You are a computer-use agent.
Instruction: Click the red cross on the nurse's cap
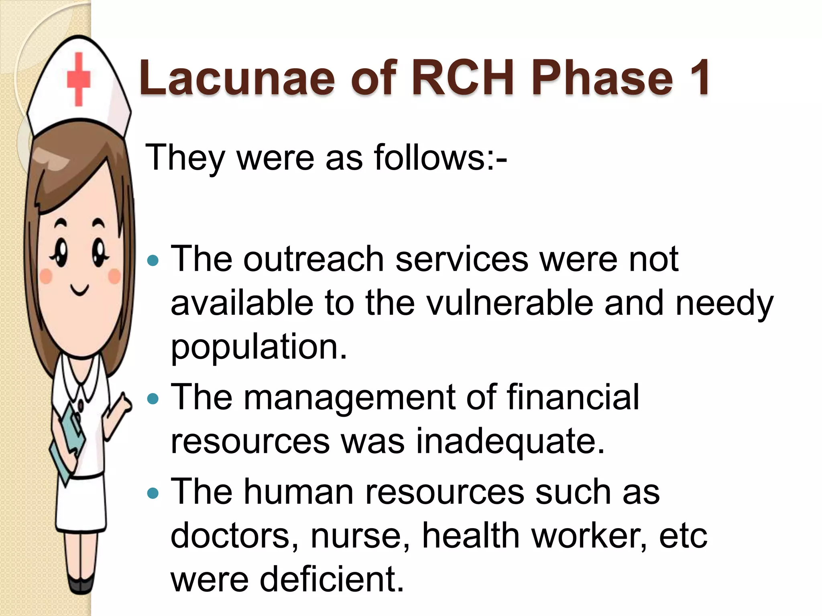[x=78, y=79]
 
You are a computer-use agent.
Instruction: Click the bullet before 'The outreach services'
[x=153, y=261]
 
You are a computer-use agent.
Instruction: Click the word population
[x=258, y=347]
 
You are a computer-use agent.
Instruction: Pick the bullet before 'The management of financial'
[x=153, y=399]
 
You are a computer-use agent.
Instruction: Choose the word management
[x=349, y=397]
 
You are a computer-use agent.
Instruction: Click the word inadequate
[x=509, y=442]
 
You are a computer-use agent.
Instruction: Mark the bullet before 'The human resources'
[x=153, y=493]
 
